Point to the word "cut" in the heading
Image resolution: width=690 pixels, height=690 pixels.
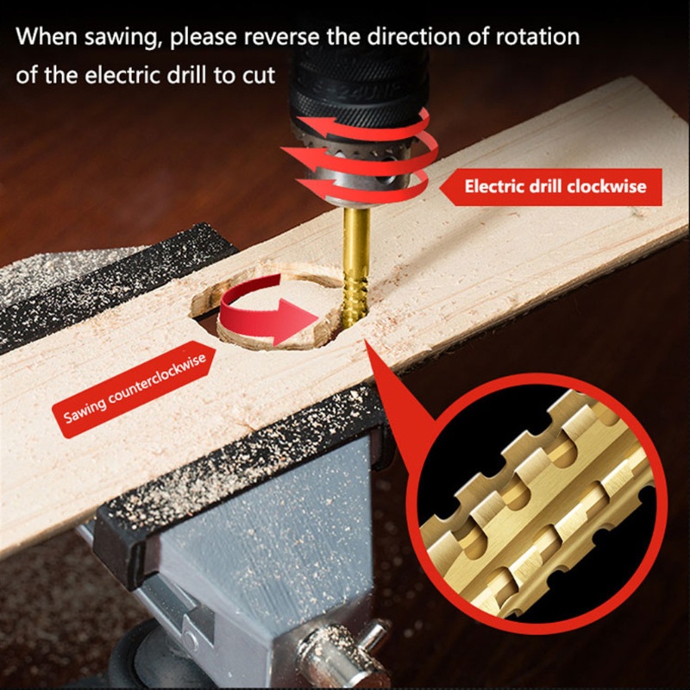click(258, 75)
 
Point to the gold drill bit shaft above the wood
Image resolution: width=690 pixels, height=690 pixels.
click(355, 250)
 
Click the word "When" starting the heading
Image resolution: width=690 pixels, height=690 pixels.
click(44, 39)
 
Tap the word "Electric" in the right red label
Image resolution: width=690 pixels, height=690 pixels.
click(493, 186)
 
